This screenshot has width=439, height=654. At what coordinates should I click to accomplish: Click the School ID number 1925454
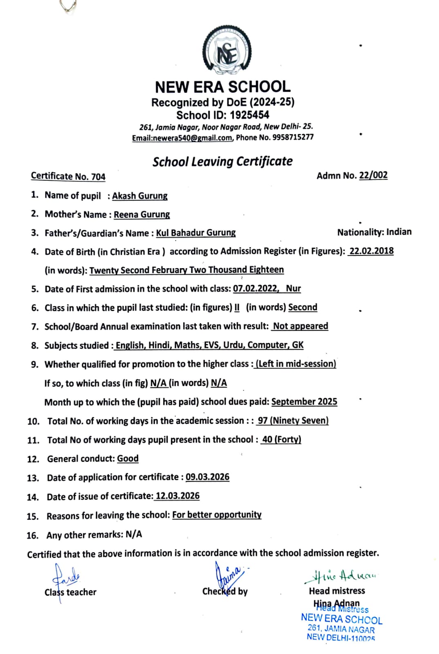click(x=249, y=115)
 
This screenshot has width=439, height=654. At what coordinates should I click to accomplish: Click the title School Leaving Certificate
click(x=222, y=161)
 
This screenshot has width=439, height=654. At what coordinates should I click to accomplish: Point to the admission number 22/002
click(x=373, y=175)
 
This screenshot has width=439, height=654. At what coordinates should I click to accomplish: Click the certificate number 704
click(x=98, y=177)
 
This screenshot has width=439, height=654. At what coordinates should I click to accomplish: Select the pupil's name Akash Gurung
click(x=140, y=196)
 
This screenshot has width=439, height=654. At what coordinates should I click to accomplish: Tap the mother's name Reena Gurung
click(x=141, y=215)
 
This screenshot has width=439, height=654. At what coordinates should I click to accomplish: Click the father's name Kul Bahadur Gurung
click(x=196, y=233)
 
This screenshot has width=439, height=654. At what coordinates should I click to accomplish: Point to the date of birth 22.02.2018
click(x=371, y=251)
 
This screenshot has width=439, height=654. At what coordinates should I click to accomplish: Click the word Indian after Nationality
click(x=399, y=232)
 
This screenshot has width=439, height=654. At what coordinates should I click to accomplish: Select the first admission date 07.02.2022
click(x=255, y=289)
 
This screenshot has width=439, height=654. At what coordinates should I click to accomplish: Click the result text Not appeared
click(x=300, y=326)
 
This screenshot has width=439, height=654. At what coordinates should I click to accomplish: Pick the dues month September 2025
click(x=304, y=402)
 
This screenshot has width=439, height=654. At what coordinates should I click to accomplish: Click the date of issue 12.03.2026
click(x=177, y=496)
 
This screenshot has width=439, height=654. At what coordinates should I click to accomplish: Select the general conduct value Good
click(x=128, y=459)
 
